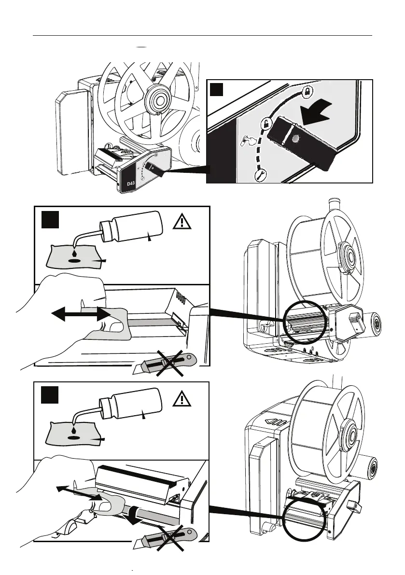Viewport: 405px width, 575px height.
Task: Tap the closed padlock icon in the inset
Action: (307, 91)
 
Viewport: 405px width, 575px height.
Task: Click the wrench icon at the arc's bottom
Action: (259, 175)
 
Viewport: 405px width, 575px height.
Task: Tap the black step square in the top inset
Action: (217, 90)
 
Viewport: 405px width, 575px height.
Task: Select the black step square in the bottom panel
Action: (49, 394)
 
